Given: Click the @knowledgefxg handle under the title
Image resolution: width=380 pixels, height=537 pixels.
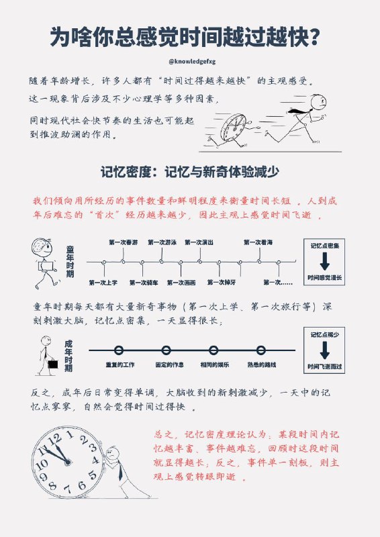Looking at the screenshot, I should (189, 61).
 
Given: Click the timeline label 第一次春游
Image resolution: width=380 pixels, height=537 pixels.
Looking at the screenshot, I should (123, 242).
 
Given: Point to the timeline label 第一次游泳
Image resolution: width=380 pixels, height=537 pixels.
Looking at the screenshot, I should (162, 242).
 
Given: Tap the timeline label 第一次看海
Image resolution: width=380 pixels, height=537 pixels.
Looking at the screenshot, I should (258, 242).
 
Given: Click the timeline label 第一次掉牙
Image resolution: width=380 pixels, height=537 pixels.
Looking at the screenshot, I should (222, 283).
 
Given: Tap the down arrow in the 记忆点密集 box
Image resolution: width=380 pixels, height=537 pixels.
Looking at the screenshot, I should (324, 261).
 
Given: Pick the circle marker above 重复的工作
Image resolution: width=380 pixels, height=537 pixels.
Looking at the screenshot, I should (119, 350).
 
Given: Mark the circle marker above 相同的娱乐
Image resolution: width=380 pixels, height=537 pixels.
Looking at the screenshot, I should (213, 350).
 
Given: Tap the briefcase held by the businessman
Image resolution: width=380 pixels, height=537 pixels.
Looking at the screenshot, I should (52, 367).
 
